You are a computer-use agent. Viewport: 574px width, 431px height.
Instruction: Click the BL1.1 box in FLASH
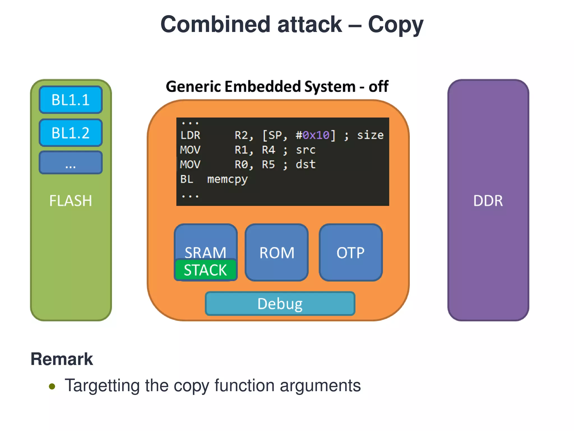pos(71,100)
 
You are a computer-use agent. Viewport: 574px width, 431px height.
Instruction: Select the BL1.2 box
pos(71,133)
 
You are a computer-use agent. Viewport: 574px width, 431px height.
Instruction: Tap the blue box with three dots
pos(71,163)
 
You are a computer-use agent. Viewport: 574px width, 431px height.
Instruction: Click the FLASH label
pos(71,201)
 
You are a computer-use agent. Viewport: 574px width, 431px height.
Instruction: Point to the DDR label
pos(488,201)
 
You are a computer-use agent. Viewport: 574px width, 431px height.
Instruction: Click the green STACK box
pos(205,270)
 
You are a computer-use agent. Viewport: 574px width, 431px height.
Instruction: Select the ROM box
pos(277,253)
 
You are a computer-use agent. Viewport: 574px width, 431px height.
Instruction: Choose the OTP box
pos(350,253)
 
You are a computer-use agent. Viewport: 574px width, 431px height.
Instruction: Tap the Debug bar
pos(280,304)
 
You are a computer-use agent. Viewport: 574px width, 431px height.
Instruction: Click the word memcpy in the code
pos(227,179)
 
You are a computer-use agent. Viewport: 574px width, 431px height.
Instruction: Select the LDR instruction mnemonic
pos(190,135)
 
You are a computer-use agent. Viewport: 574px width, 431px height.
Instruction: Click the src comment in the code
pos(306,150)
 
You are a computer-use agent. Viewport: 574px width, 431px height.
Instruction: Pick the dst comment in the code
pos(306,164)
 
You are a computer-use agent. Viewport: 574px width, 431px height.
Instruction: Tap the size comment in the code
pos(370,135)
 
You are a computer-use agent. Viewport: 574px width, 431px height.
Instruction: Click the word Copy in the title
pos(395,25)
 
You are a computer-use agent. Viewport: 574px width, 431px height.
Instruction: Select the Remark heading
pos(62,359)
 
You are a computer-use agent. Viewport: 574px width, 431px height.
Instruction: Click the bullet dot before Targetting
pos(52,386)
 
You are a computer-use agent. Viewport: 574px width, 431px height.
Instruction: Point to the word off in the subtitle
pos(378,86)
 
